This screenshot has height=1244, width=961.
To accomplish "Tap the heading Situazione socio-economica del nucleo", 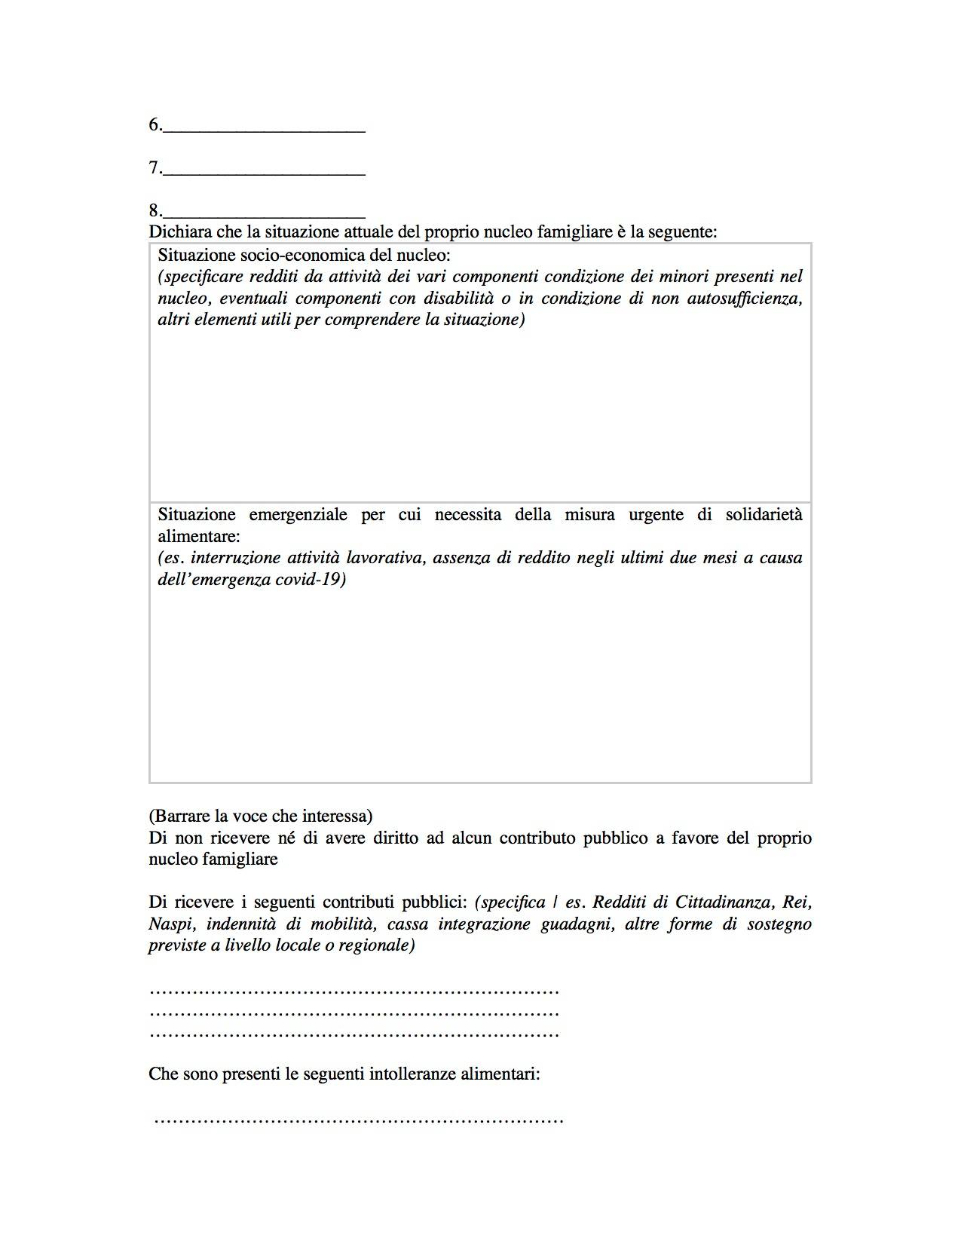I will (x=304, y=255).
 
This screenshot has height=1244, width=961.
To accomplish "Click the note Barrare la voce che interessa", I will (x=261, y=816).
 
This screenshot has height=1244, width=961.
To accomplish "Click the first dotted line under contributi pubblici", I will (x=354, y=991).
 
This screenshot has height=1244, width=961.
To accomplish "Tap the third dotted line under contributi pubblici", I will (x=354, y=1034).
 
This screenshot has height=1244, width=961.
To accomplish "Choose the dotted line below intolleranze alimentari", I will (x=359, y=1120).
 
